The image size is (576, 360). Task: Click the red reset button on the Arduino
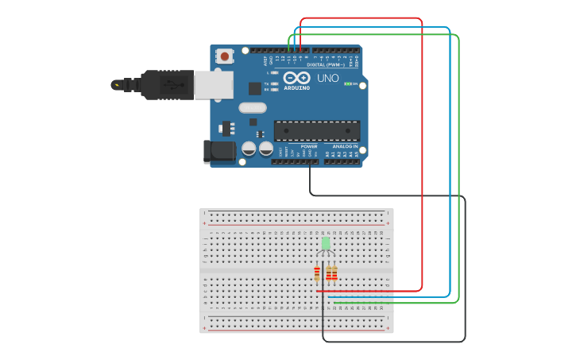[225, 56]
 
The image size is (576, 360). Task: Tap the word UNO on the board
[328, 78]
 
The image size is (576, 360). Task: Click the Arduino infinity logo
[297, 78]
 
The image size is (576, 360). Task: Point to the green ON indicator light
[348, 83]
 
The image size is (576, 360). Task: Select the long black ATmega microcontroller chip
[317, 131]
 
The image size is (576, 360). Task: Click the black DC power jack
[218, 152]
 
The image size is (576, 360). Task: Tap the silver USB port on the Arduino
[214, 85]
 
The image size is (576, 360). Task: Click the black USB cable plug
[167, 85]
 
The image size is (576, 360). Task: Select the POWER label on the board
[309, 147]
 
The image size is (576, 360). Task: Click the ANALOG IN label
[344, 147]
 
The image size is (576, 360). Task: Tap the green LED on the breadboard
[326, 242]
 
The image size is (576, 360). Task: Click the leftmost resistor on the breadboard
[317, 273]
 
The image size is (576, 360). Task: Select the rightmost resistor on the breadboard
[334, 273]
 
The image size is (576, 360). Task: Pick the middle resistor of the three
[328, 273]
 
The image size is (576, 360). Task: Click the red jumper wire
[422, 159]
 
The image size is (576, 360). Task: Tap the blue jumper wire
[450, 159]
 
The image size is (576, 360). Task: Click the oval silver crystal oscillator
[253, 107]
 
